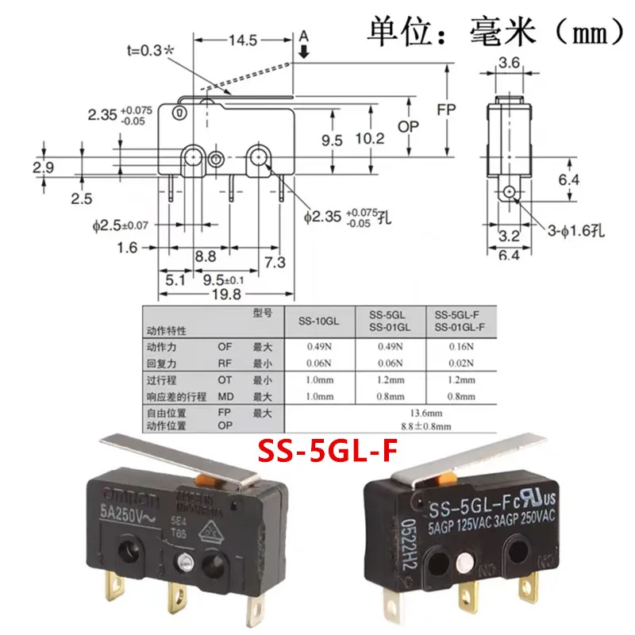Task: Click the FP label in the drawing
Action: tap(448, 111)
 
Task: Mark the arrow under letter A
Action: tap(304, 50)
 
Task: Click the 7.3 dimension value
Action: tap(272, 262)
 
